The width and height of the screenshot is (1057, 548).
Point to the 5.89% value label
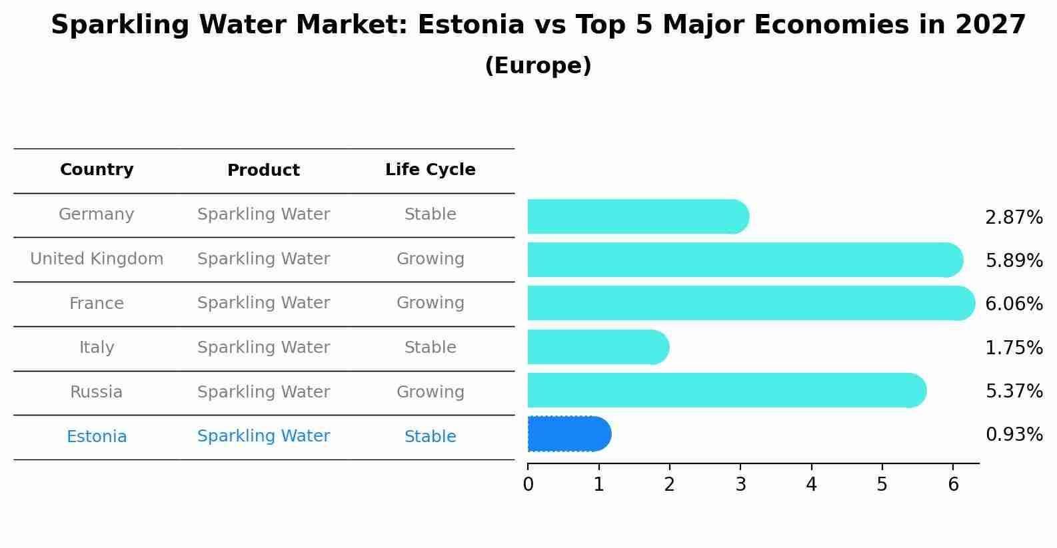click(x=1014, y=260)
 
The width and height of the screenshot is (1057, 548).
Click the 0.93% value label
click(x=1014, y=435)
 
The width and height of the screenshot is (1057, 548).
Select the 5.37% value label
click(x=1014, y=391)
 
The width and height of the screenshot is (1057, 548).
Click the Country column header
click(x=97, y=170)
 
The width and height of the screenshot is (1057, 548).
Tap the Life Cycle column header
click(x=430, y=170)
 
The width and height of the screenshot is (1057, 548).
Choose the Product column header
click(x=263, y=170)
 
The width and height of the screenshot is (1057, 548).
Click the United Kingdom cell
click(x=97, y=259)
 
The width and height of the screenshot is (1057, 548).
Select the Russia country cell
click(x=97, y=392)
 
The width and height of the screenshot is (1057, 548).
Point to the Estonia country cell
click(x=97, y=437)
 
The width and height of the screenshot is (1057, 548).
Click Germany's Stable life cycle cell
click(x=430, y=214)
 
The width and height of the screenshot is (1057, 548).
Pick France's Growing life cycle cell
click(x=430, y=303)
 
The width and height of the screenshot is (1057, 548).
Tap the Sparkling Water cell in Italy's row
click(x=263, y=348)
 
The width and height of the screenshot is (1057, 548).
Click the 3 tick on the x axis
click(x=740, y=484)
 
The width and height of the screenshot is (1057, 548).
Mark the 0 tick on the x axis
click(x=528, y=484)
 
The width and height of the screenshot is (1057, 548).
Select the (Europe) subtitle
click(x=538, y=66)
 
